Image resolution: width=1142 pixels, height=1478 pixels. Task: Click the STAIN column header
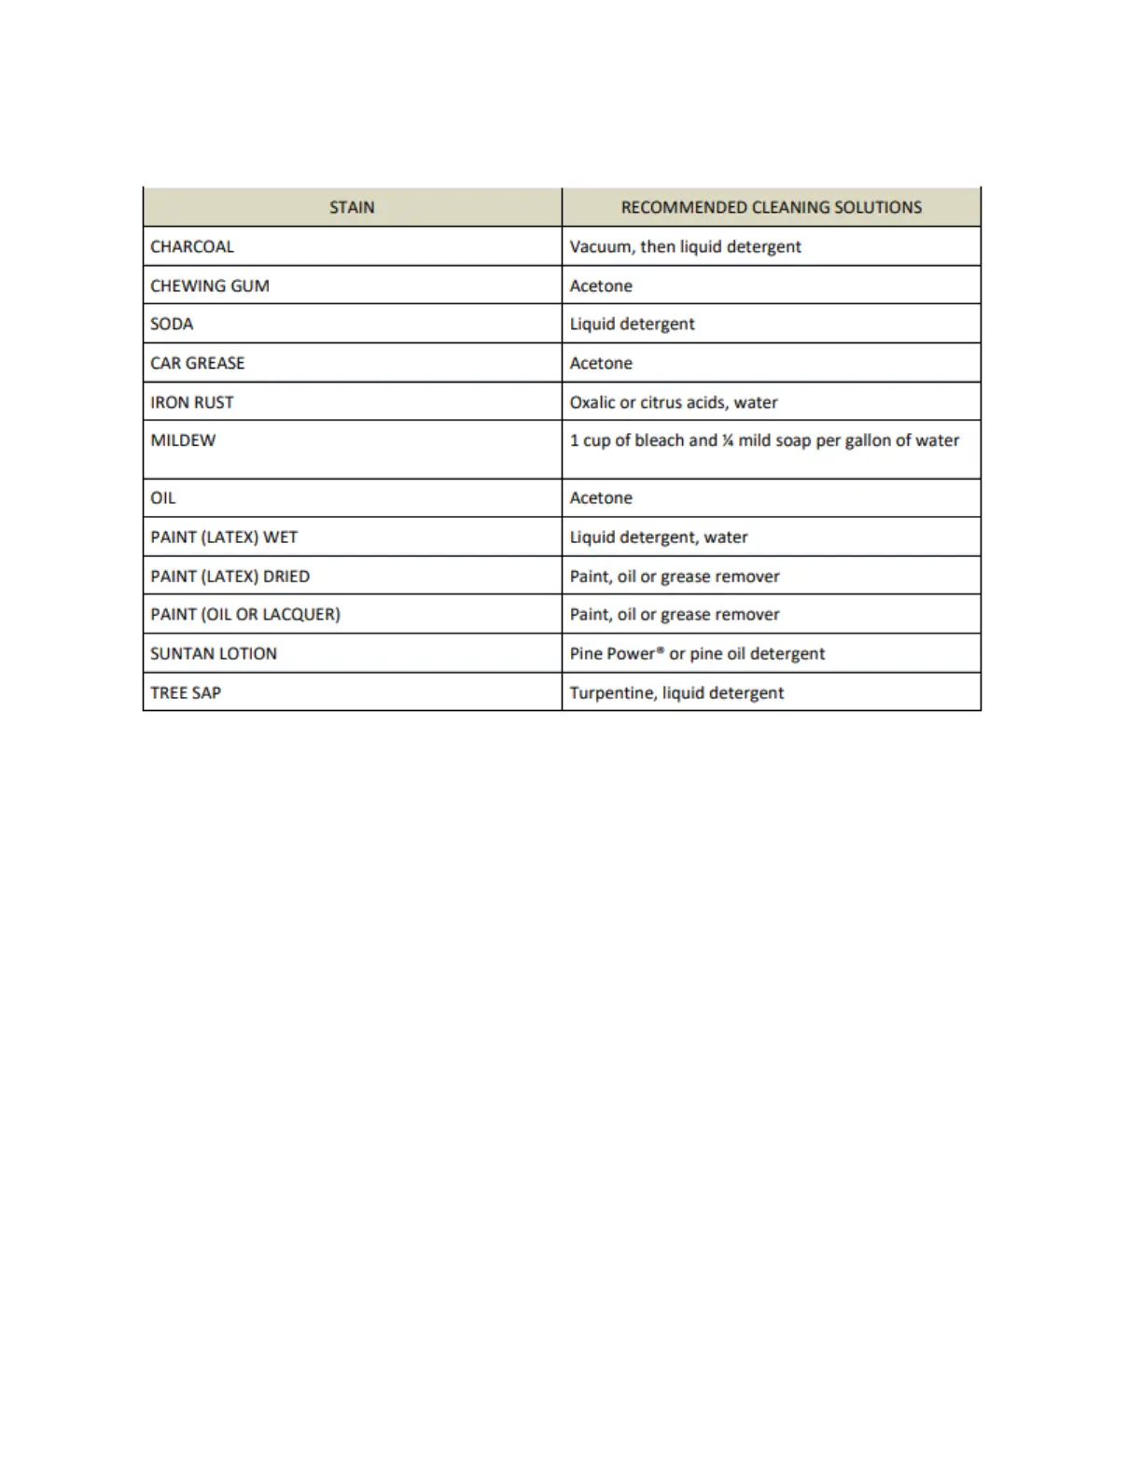click(352, 207)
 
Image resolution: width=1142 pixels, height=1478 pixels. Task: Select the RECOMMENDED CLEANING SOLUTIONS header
click(771, 207)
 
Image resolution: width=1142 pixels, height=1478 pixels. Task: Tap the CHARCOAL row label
click(192, 246)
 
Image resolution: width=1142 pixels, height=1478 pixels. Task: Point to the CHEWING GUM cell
click(210, 286)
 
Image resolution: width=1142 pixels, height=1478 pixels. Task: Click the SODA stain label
click(172, 324)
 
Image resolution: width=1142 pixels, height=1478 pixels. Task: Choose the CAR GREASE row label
click(198, 363)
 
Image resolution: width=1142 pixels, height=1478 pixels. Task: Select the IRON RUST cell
click(192, 402)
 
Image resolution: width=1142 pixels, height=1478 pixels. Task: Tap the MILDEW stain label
click(183, 440)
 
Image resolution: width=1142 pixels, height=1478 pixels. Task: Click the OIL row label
click(163, 498)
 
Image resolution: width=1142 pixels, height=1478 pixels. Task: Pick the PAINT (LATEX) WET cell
click(224, 537)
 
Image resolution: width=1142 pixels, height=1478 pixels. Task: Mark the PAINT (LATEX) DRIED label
click(230, 577)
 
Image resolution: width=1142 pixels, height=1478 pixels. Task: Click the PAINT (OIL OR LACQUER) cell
click(245, 615)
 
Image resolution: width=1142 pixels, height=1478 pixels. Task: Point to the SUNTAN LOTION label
click(214, 654)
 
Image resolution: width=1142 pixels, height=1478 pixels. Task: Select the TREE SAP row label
click(186, 693)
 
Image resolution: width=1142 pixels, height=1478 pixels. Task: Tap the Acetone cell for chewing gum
click(601, 286)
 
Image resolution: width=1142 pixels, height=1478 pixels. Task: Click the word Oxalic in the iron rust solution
click(592, 402)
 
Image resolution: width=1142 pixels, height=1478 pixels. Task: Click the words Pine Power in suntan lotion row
click(612, 654)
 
